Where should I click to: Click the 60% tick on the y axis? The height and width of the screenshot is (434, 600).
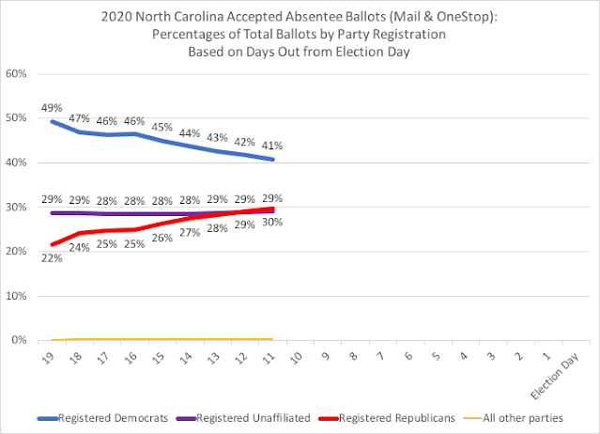click(x=16, y=73)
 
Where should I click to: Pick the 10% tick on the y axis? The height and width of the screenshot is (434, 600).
click(x=16, y=296)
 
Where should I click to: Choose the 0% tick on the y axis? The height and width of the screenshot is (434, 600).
click(x=19, y=340)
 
